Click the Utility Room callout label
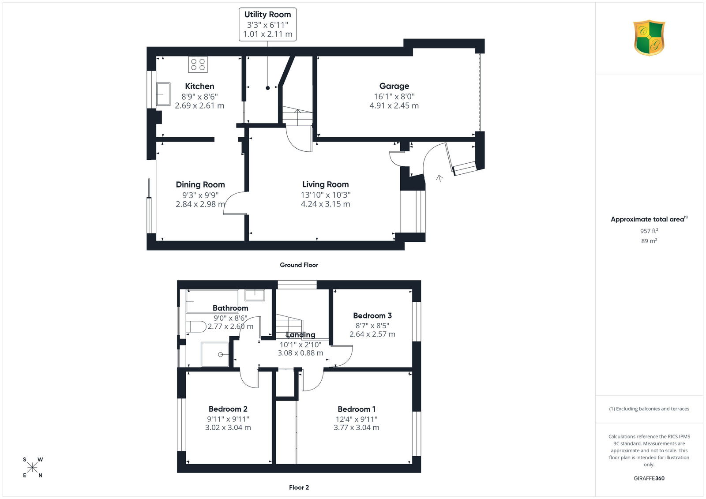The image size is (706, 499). (x=267, y=15)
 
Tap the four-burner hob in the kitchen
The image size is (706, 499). (x=198, y=64)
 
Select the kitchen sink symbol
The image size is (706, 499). (x=163, y=94)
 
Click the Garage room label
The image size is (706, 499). (x=394, y=86)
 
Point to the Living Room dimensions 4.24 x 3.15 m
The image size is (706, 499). (x=325, y=204)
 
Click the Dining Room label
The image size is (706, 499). (x=200, y=184)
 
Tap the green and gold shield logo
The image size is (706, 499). (x=649, y=38)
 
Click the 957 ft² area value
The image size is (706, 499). (x=649, y=231)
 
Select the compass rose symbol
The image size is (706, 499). (x=33, y=467)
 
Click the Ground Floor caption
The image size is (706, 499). (x=299, y=265)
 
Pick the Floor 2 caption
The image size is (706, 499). (x=299, y=488)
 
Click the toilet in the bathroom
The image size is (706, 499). (x=196, y=326)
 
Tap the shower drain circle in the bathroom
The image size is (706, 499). (x=221, y=355)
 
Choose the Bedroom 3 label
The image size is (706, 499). (x=372, y=315)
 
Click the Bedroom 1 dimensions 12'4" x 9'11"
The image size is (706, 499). (x=357, y=419)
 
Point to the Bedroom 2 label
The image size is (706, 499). (x=228, y=409)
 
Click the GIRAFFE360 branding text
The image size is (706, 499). (x=649, y=478)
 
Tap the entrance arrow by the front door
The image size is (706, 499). (x=439, y=178)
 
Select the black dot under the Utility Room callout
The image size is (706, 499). (x=267, y=88)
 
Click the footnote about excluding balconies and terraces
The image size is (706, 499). (x=649, y=409)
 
